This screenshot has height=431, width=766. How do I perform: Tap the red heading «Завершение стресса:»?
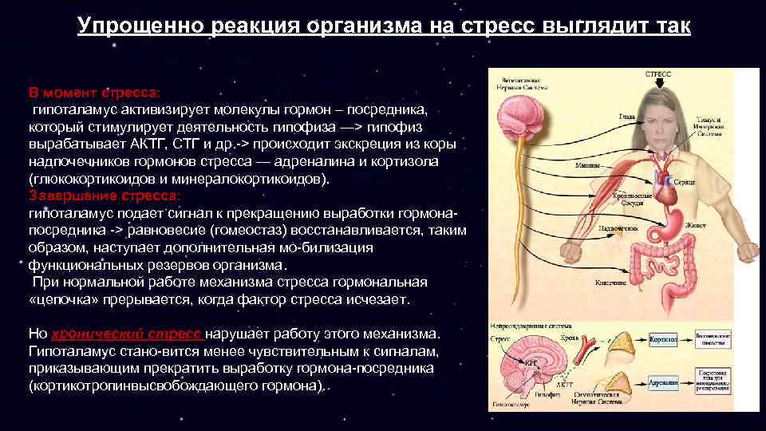click(105, 195)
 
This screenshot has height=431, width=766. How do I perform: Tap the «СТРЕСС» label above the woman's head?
click(657, 73)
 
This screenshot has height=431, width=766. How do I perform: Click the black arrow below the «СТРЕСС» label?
click(657, 82)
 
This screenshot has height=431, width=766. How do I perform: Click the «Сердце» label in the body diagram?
click(685, 183)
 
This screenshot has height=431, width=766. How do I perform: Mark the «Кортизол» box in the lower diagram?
click(663, 341)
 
